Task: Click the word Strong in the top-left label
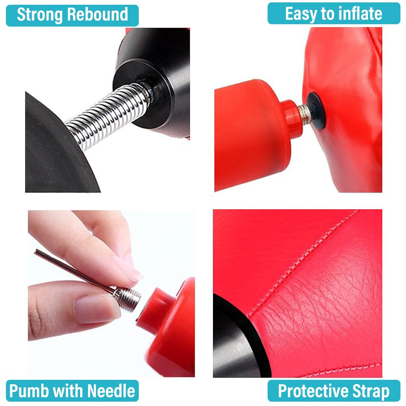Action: click(x=39, y=15)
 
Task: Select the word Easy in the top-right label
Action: click(x=301, y=14)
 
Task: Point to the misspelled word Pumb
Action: click(x=29, y=391)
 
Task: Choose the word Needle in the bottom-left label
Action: click(x=111, y=391)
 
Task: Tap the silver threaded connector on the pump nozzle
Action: click(x=303, y=114)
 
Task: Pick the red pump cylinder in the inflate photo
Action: click(x=250, y=135)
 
